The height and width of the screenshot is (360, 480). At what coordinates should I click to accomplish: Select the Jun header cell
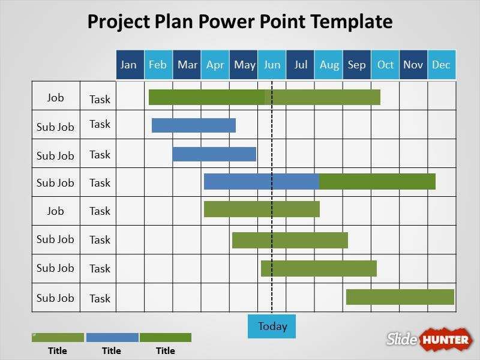[x=272, y=65]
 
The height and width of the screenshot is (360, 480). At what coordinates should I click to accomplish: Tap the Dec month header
[x=442, y=65]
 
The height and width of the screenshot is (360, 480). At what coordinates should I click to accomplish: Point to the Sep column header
[x=356, y=65]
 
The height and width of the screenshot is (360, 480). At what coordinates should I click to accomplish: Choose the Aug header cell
[x=329, y=65]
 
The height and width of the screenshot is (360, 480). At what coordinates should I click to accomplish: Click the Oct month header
[x=385, y=65]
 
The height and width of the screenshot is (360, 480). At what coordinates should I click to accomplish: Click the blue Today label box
[x=272, y=326]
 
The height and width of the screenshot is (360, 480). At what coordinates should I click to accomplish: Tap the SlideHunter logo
[x=429, y=339]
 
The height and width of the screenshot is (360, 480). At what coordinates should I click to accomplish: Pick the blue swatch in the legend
[x=112, y=337]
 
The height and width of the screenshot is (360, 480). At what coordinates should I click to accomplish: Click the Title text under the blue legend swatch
[x=111, y=351]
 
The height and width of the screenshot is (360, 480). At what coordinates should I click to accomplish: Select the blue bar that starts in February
[x=193, y=125]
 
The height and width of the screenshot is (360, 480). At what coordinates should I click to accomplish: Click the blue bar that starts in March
[x=214, y=154]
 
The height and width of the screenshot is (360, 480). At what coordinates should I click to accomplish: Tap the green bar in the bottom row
[x=400, y=297]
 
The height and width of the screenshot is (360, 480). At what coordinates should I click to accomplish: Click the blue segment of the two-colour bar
[x=261, y=182]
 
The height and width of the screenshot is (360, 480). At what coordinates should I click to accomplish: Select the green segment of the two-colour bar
[x=377, y=182]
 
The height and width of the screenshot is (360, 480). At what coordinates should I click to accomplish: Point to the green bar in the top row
[x=264, y=97]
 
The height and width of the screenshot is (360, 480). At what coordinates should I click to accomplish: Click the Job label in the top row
[x=55, y=98]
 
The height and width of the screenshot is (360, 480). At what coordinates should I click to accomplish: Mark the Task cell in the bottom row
[x=100, y=298]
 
